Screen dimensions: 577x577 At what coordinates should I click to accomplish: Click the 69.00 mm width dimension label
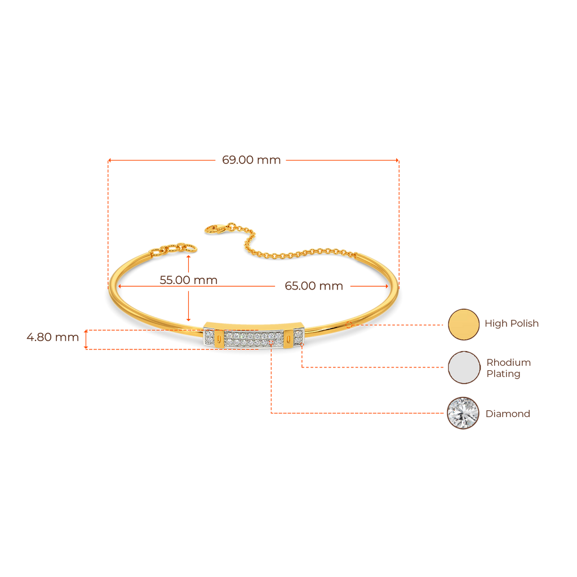pos(251,160)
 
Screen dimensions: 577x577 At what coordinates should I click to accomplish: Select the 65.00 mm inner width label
pos(314,286)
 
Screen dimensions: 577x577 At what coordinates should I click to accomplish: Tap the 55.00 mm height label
pos(188,279)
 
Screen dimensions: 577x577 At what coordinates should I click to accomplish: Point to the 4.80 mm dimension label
pos(52,338)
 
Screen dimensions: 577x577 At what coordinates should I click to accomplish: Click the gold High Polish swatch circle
pos(463,324)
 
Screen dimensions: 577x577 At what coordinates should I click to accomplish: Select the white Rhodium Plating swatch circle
pos(463,368)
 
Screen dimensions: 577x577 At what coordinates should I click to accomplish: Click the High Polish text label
pos(512,324)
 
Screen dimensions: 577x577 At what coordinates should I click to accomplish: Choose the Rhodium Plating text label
pos(509,368)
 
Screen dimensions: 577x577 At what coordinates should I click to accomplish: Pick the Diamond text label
pos(508,414)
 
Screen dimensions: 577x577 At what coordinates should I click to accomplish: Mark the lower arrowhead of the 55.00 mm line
pos(189,320)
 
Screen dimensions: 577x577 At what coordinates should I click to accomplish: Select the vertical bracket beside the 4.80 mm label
pos(86,339)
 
